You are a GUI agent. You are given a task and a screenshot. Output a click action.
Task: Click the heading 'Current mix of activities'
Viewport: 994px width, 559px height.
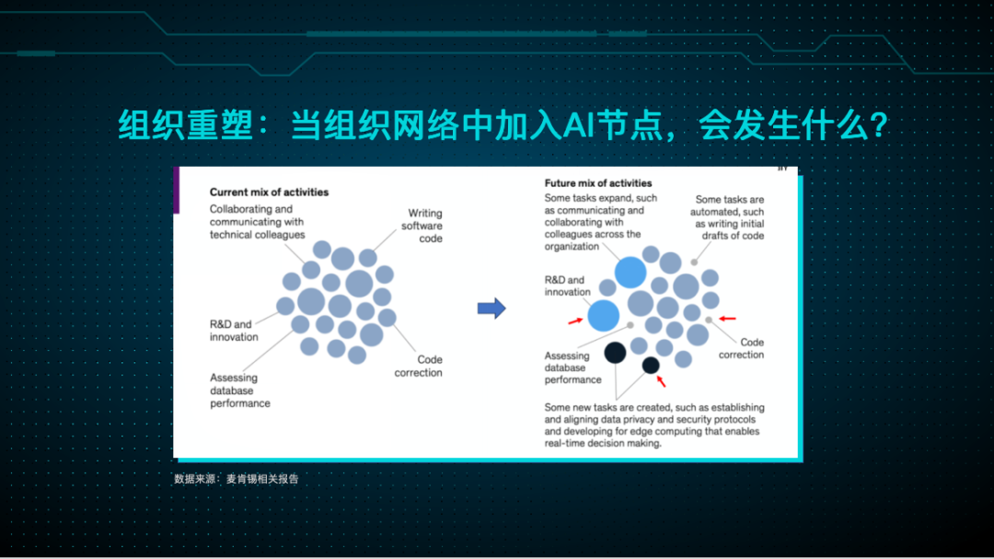point(269,192)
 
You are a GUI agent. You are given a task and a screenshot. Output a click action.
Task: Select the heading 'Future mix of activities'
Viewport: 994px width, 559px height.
point(597,183)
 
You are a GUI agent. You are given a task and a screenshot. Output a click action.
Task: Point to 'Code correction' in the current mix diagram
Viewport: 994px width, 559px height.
point(419,367)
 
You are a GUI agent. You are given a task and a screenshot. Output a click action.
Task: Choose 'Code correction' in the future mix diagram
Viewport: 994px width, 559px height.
point(741,348)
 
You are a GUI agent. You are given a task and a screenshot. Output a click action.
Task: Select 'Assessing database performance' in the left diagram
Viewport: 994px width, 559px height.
point(239,390)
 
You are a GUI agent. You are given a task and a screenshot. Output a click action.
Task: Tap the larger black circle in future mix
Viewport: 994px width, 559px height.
point(615,351)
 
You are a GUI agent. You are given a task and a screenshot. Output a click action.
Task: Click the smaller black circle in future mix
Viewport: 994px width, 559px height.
point(651,366)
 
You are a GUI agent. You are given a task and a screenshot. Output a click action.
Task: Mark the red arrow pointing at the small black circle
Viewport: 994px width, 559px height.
point(660,379)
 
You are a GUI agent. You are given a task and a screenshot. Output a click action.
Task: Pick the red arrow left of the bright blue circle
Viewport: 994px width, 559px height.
point(574,320)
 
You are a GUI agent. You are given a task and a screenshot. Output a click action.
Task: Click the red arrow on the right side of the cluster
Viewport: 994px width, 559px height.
point(727,319)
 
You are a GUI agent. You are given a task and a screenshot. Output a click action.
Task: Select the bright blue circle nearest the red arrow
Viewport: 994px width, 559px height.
point(603,315)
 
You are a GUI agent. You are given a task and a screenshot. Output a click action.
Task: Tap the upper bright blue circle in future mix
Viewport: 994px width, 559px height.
point(631,272)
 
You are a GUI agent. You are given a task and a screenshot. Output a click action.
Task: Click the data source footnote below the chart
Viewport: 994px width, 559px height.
point(237,479)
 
